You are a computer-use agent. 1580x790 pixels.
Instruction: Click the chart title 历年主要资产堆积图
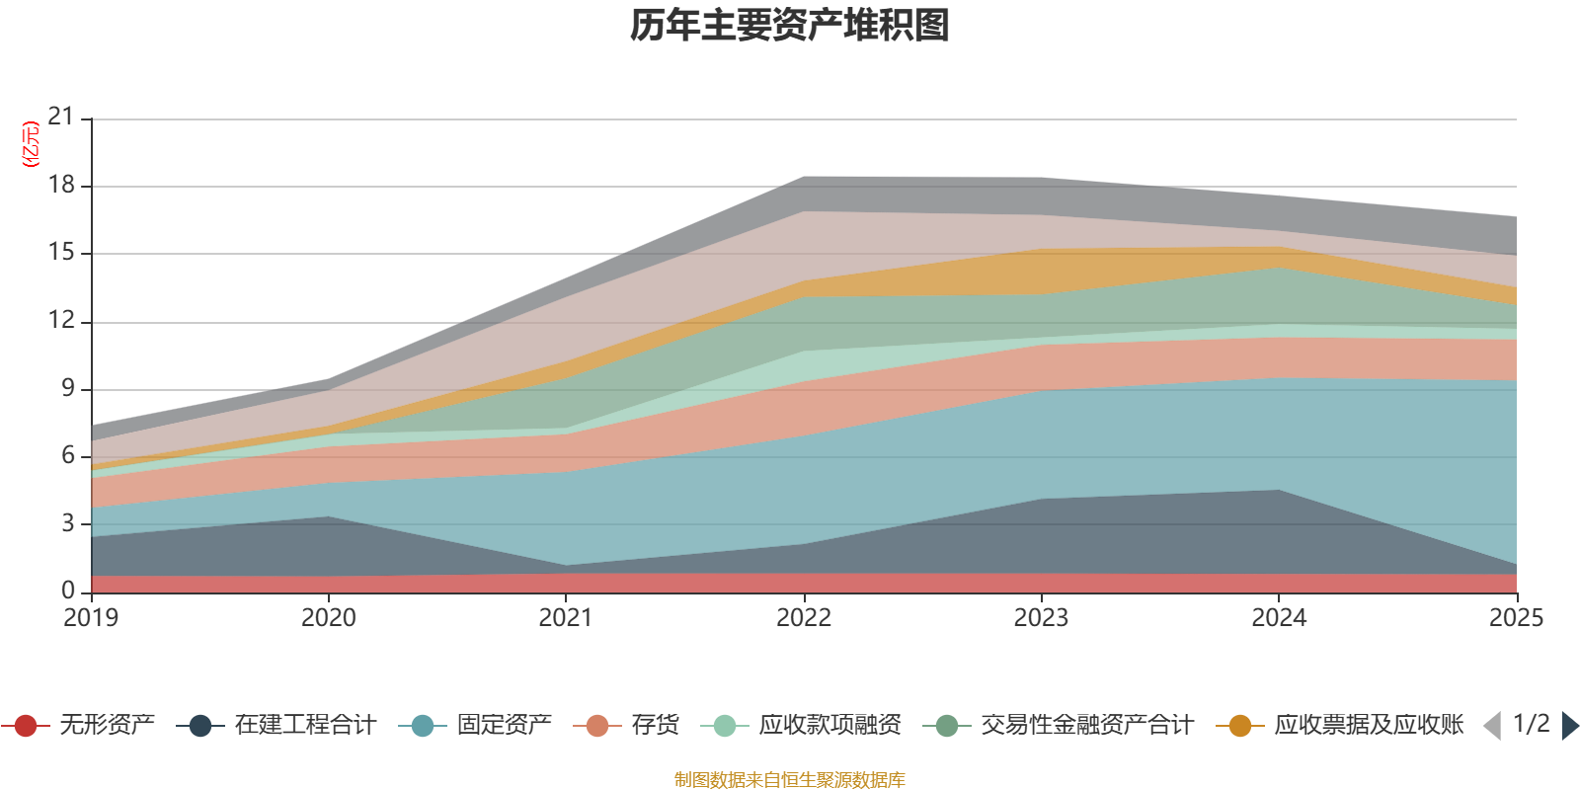coord(790,26)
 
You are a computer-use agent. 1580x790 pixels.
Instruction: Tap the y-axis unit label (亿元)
coord(31,144)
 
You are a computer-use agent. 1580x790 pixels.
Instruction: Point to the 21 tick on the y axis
coord(61,118)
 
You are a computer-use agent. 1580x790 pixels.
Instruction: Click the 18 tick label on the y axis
coord(61,186)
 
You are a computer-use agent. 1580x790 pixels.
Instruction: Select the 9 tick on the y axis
coord(67,389)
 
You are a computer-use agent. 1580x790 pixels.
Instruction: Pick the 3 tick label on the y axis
coord(67,523)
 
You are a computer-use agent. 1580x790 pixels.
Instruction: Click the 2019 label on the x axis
coord(91,618)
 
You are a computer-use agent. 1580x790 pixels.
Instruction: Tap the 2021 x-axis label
coord(565,618)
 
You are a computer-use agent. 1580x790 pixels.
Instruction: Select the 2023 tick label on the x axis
coord(1041,618)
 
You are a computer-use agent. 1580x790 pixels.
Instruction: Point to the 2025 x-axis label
coord(1515,618)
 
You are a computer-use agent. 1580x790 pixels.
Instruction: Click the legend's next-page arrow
coord(1569,726)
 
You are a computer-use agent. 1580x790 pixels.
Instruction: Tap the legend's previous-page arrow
coord(1492,726)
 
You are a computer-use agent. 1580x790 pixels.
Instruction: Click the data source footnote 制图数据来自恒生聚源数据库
coord(790,780)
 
